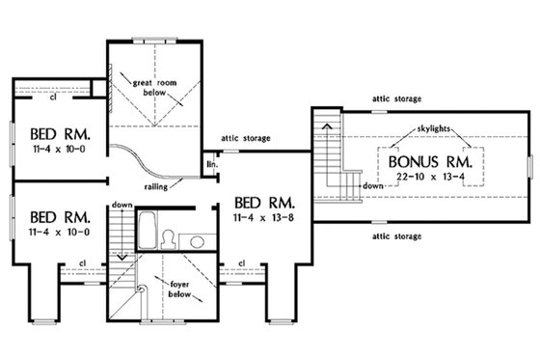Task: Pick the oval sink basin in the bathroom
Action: pyautogui.click(x=196, y=240)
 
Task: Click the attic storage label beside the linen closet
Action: pyautogui.click(x=247, y=138)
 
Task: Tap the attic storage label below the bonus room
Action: pyautogui.click(x=399, y=234)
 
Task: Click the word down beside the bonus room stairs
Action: pyautogui.click(x=375, y=184)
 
